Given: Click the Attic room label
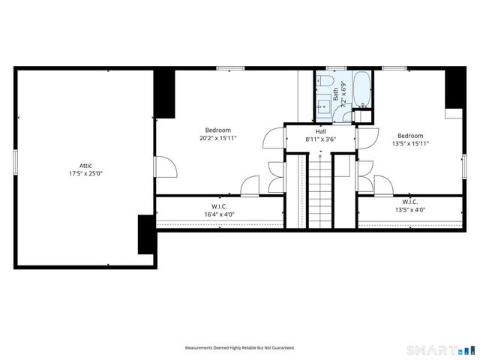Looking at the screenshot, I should (85, 166).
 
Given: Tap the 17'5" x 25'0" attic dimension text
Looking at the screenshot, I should (85, 174).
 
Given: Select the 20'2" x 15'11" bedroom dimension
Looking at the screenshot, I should (218, 138).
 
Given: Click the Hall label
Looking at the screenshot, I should (320, 131).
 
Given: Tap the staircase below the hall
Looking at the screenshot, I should (320, 191).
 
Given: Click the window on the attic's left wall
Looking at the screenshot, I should (15, 162).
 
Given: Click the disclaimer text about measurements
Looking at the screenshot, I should (240, 348).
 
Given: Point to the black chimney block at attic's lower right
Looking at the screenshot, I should (145, 234).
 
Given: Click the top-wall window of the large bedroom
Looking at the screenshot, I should (225, 68).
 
